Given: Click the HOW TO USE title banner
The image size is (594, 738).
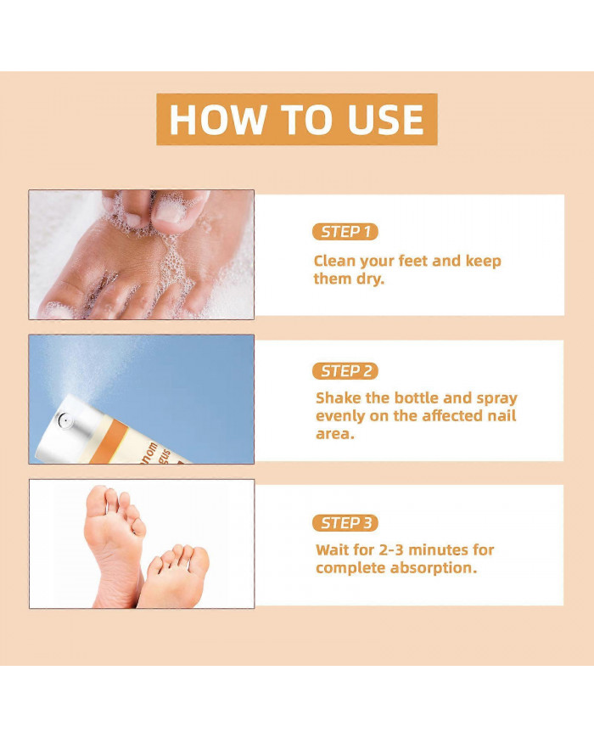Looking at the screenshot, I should (296, 119).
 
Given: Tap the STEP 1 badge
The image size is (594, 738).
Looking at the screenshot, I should (345, 232).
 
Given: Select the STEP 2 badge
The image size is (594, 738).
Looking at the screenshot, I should (345, 371).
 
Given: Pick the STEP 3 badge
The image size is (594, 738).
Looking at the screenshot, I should (345, 523).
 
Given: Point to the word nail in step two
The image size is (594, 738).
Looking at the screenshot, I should (498, 416).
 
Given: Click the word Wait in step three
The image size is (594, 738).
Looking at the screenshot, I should (332, 549).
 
